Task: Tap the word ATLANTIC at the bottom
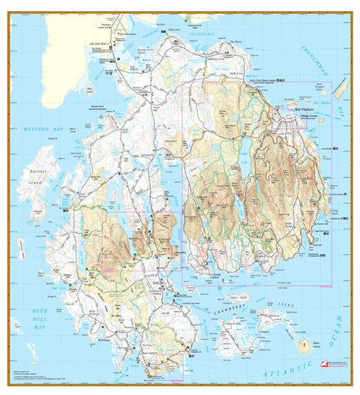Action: (x=281, y=373)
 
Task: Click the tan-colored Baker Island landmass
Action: (x=304, y=346)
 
